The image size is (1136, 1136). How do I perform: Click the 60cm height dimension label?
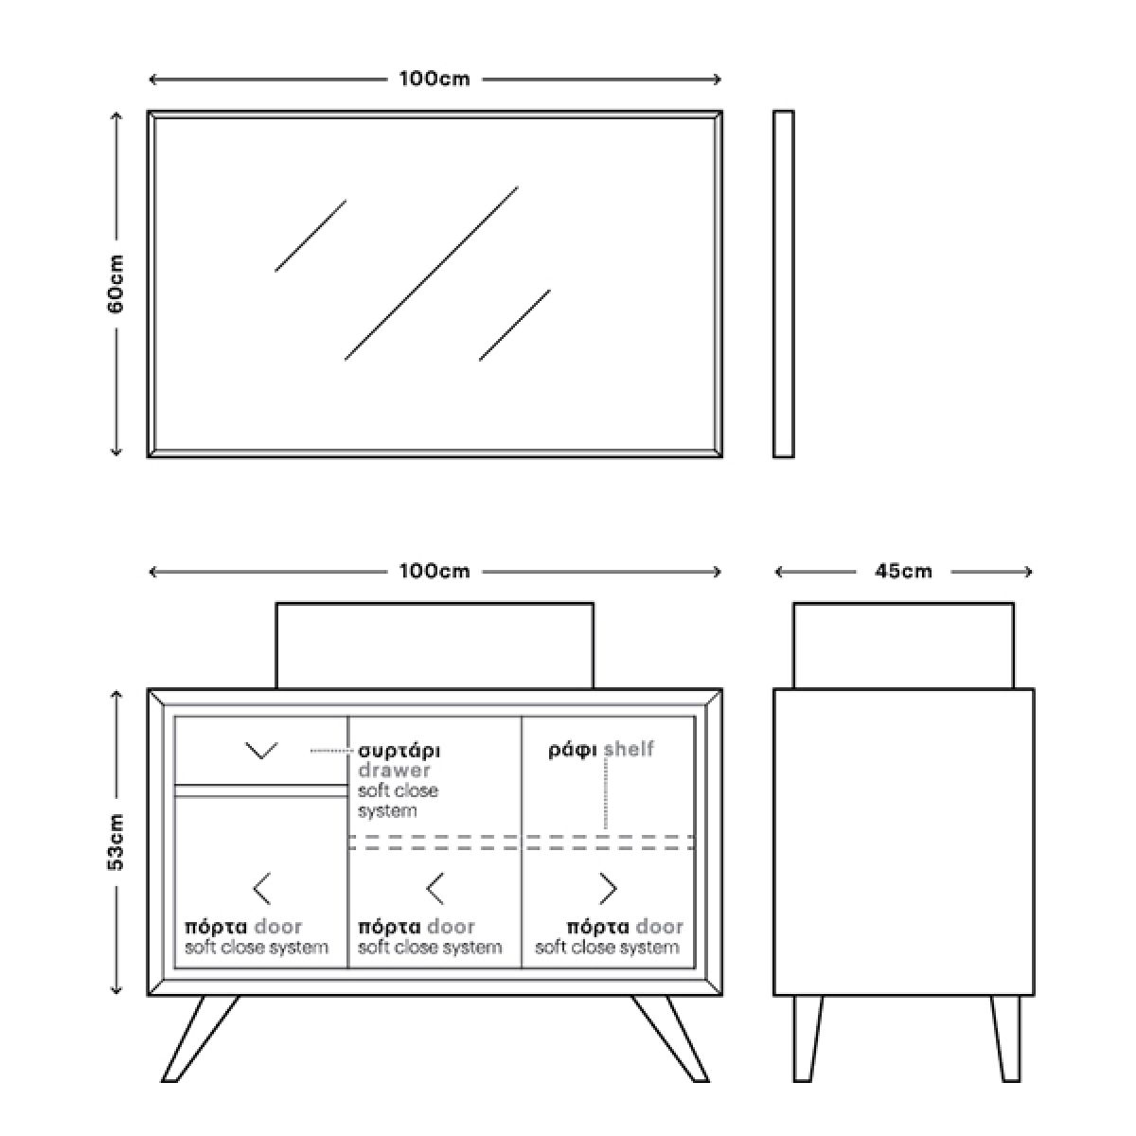tap(116, 284)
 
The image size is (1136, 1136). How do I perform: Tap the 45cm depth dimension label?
tap(903, 571)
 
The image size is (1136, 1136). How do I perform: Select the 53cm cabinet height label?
tap(116, 842)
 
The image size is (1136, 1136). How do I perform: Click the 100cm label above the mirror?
tap(435, 79)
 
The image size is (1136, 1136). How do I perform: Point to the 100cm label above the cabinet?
tap(435, 571)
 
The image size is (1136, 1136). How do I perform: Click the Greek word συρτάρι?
tap(399, 752)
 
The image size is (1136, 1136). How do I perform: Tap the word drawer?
tap(394, 770)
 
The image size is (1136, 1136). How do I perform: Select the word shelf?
tap(629, 749)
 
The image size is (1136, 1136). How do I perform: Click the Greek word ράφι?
tap(573, 751)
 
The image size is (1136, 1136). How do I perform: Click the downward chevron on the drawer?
tap(261, 751)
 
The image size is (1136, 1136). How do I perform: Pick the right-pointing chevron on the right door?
tap(608, 888)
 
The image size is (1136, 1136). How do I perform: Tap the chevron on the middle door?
tap(435, 888)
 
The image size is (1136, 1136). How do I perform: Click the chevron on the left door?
tap(261, 888)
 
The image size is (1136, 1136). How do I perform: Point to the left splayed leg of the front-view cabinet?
tap(201, 1039)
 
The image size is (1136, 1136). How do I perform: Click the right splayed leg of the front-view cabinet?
tap(670, 1039)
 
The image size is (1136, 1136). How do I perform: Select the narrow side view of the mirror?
tap(784, 284)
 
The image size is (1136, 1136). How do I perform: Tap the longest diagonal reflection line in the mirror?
tap(432, 273)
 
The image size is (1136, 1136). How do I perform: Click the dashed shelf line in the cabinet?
tap(523, 843)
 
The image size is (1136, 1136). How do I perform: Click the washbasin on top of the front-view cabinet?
tap(435, 646)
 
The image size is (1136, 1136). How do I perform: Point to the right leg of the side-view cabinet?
tap(1006, 1039)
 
